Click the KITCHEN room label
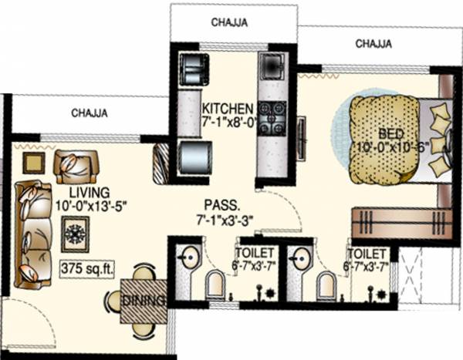point(228,108)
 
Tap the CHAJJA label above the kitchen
point(229,22)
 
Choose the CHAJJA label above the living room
point(89,113)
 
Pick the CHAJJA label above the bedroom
point(373,44)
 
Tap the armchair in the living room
point(76,165)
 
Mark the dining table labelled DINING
point(143,300)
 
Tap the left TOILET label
point(252,253)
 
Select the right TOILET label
point(366,253)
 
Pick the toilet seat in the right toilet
point(326,287)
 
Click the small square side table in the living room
point(34,162)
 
